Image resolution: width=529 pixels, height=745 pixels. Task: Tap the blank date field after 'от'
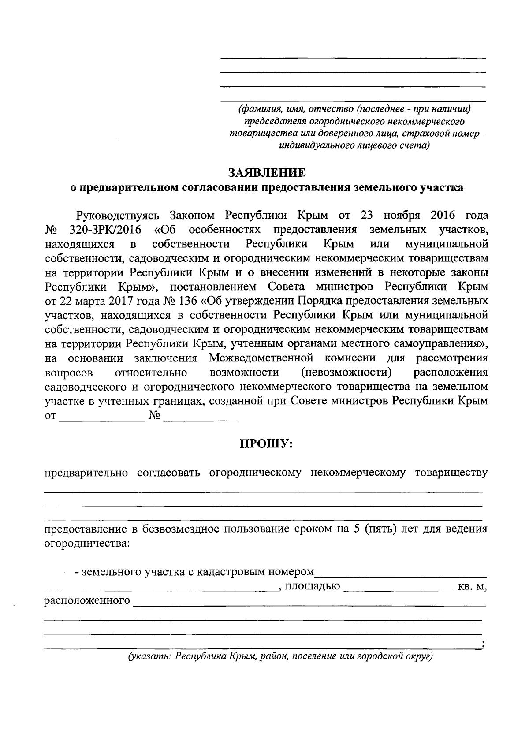coord(102,417)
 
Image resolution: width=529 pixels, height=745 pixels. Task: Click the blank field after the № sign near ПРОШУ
coord(201,417)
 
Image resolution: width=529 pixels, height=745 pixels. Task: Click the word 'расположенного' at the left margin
coord(87,601)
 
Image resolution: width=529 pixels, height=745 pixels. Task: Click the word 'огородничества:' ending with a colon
coord(87,544)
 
